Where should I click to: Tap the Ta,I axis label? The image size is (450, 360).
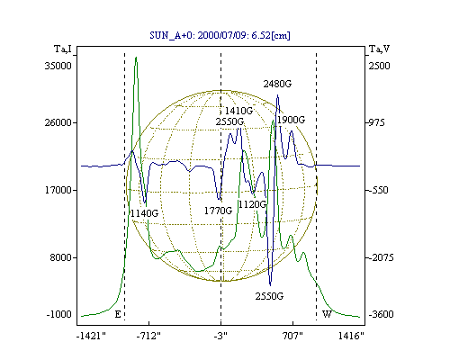63,49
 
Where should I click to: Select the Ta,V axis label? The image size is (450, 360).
379,49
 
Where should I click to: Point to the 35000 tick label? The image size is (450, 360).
58,66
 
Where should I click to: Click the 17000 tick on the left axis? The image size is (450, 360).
58,190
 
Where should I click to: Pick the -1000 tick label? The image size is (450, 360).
59,314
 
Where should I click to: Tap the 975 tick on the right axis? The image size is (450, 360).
376,122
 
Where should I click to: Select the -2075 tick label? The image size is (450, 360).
381,257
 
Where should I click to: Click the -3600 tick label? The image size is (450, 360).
381,314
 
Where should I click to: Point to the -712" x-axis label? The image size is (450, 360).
148,336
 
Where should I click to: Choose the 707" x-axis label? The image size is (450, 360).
292,336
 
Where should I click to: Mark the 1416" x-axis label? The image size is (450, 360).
351,336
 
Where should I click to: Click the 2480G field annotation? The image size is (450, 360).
277,84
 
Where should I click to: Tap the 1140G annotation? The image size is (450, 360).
144,213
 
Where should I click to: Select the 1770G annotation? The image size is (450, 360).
218,211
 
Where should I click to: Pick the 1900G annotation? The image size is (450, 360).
291,120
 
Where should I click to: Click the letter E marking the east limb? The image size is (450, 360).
118,314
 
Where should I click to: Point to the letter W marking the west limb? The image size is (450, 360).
327,314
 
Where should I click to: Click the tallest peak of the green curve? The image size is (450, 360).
136,57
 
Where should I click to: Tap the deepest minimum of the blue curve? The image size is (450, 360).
270,285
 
